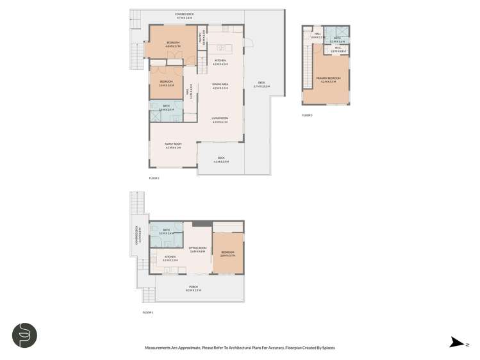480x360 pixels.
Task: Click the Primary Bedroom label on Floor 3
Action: [328, 79]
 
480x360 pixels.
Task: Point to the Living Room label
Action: [220, 120]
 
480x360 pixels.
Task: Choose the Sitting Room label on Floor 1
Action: [197, 249]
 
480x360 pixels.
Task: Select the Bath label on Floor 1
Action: [165, 231]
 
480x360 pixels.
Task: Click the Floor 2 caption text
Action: [154, 177]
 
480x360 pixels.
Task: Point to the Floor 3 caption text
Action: [308, 115]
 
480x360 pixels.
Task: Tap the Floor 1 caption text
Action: [147, 313]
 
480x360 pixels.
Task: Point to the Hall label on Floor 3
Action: [317, 35]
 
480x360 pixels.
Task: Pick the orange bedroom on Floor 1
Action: [228, 253]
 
